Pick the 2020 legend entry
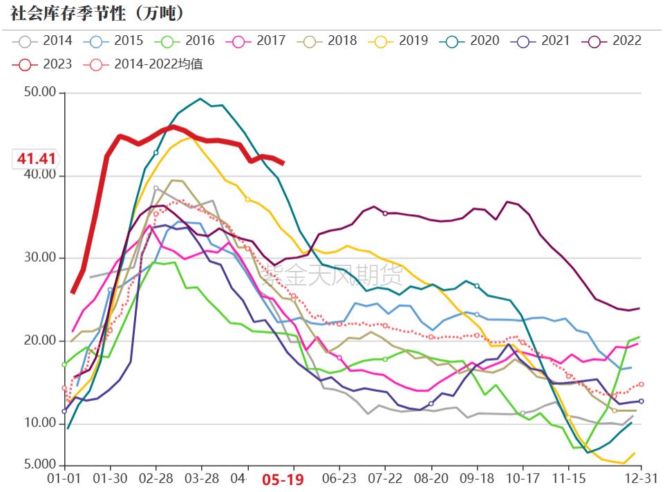(x=473, y=41)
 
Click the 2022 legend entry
(x=616, y=41)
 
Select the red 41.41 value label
(x=37, y=159)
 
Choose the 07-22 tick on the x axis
(x=385, y=478)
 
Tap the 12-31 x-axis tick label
(x=641, y=478)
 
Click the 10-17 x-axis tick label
(x=523, y=478)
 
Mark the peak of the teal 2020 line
(x=200, y=99)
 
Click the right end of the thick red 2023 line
(x=283, y=163)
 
